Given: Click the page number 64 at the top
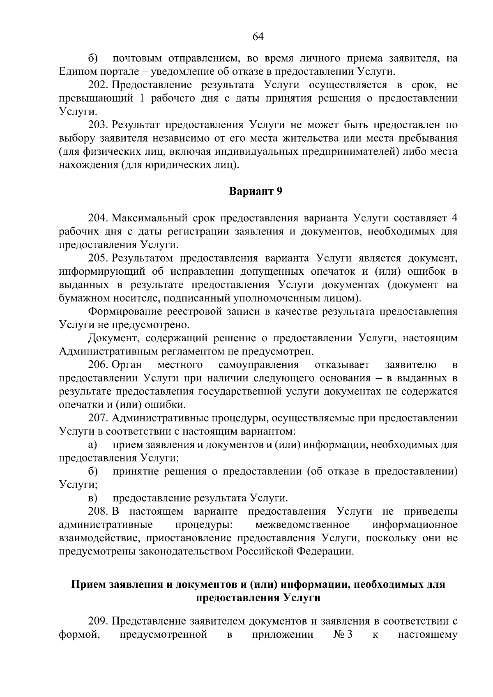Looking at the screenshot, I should [258, 37].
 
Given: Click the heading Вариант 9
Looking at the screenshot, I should [256, 191].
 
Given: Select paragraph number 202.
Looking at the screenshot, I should [98, 85].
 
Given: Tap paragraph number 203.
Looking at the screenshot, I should [98, 125].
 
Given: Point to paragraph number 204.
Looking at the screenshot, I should [98, 218].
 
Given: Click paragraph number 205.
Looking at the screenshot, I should [98, 258].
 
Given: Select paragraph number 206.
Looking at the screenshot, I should [98, 365].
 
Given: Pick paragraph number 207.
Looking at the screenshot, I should [98, 418].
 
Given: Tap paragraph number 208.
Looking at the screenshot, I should [98, 512].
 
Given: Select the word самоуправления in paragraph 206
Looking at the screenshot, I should [258, 365].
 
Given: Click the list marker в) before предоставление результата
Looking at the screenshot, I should [92, 498].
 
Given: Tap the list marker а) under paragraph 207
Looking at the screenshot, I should [92, 445].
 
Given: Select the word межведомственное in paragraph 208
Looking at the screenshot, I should [302, 525].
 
